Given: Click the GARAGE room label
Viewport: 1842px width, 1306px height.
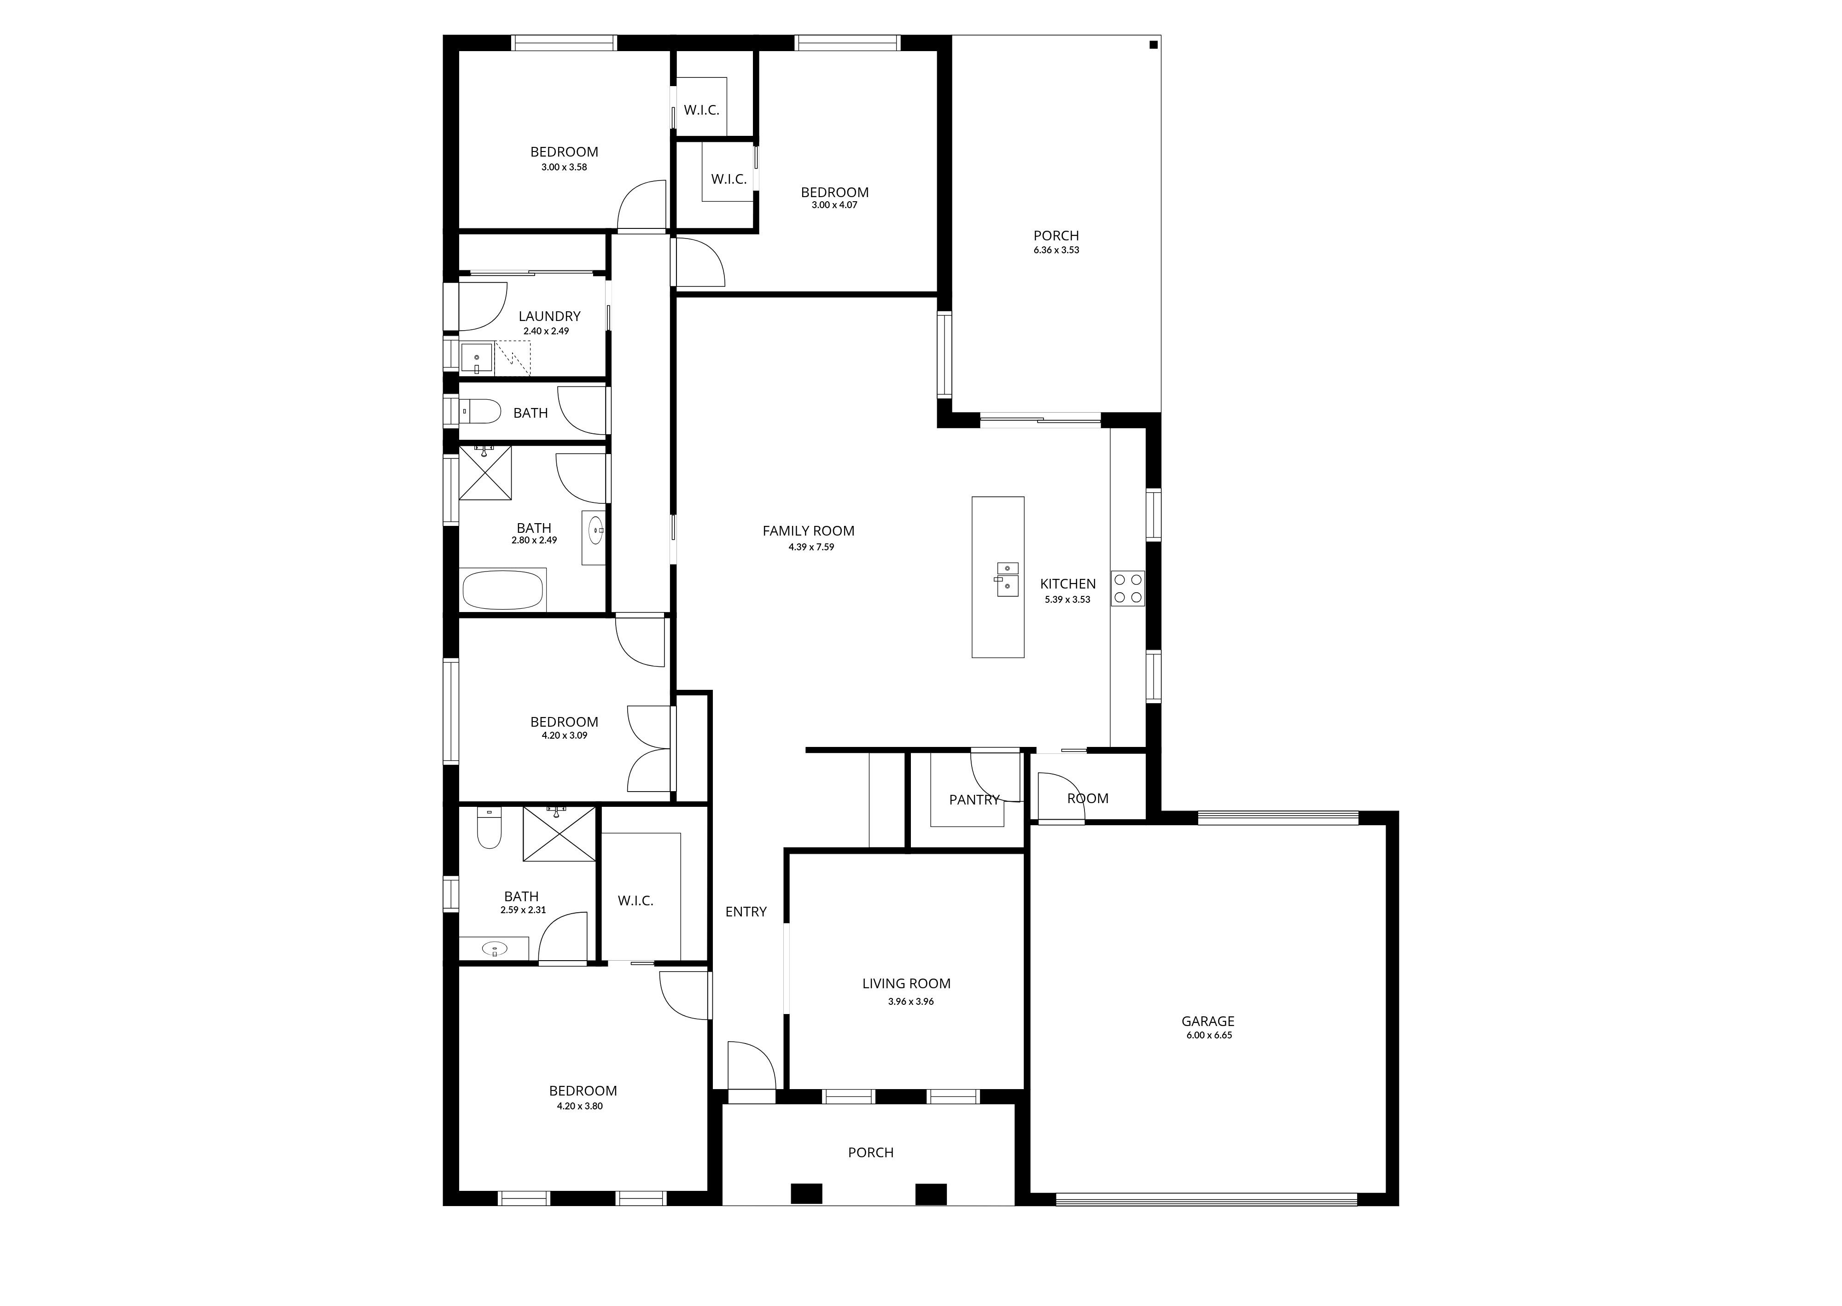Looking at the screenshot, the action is coord(1207,1021).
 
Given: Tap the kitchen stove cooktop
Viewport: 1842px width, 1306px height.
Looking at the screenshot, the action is coord(1128,588).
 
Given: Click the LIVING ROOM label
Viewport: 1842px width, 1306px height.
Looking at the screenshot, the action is coord(906,984).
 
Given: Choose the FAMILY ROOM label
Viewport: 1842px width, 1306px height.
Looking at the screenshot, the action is coord(808,531).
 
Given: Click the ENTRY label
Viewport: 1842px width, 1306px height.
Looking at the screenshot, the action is coord(746,911).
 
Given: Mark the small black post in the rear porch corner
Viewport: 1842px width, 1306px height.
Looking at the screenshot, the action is coord(1153,45).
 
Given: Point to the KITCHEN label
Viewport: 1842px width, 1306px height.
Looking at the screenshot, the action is coord(1068,584).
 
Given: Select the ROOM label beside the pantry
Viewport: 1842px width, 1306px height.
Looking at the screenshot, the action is coord(1088,799).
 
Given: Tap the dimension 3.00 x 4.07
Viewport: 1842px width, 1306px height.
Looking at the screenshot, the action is coord(834,205).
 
